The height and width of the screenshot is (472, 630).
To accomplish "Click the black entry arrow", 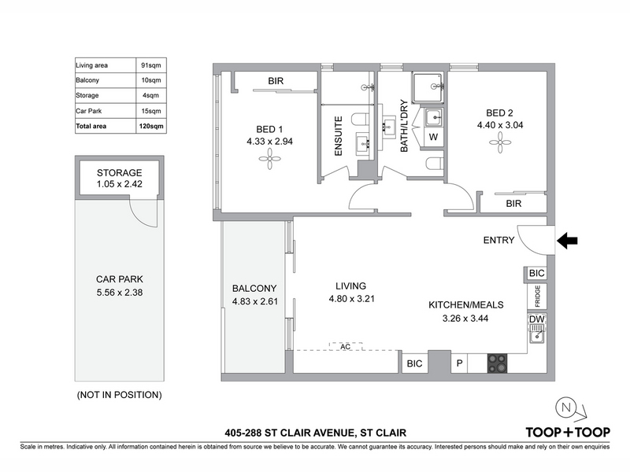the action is coord(567,241).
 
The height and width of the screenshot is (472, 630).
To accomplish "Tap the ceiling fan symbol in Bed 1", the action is coord(269,160).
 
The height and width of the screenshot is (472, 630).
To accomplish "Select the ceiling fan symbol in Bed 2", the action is coord(500,142).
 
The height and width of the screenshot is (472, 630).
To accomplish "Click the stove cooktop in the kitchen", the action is coord(497,363).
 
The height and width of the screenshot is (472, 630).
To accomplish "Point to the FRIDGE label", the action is coord(537,296).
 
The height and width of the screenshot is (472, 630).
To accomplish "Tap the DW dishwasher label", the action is coord(537,319).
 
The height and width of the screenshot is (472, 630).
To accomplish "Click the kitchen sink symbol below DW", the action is coord(537,334).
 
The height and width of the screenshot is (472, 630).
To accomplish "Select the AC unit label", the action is coord(345,346).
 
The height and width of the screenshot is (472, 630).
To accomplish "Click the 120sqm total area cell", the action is coord(151,126).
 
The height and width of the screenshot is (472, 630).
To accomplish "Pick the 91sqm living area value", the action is coord(151,65).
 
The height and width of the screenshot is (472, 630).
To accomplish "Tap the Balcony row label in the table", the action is coord(87,80).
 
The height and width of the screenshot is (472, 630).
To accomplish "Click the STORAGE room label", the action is coord(120,172).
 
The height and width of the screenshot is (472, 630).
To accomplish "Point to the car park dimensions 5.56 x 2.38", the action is coord(120,292).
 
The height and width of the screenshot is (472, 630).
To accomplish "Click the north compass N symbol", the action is coord(565,407).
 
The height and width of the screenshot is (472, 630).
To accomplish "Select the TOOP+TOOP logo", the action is coord(568,432).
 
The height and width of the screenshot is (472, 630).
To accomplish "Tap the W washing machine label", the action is coord(433,137).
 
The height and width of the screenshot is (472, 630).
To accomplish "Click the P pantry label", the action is coord(460,363).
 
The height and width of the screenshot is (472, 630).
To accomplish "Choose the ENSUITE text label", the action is coord(339,136).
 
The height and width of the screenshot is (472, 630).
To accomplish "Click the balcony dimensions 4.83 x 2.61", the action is coord(254,301).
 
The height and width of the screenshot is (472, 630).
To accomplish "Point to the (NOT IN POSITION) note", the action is coord(120,395).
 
